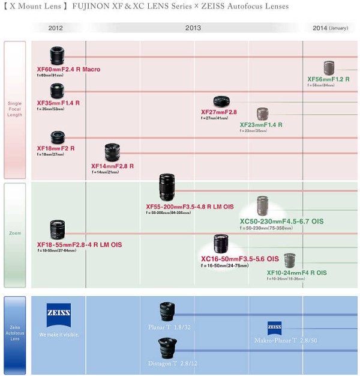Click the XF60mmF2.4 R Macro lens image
[57, 56]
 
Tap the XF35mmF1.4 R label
[58, 103]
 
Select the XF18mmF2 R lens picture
[58, 138]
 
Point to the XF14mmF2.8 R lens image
[112, 153]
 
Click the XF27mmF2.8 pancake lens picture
[221, 102]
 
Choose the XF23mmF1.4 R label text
[261, 125]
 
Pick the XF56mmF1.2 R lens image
[329, 68]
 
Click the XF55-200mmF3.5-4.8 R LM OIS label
[190, 207]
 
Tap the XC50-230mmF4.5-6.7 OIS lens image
[263, 206]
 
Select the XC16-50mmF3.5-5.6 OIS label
[239, 259]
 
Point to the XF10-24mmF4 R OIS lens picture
[290, 261]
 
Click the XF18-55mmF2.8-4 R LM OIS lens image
[58, 229]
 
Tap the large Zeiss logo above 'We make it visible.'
[59, 315]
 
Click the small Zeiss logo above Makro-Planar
[275, 328]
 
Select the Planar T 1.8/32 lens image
[167, 312]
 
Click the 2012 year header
[56, 28]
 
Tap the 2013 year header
[193, 28]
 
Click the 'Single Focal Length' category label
[15, 109]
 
